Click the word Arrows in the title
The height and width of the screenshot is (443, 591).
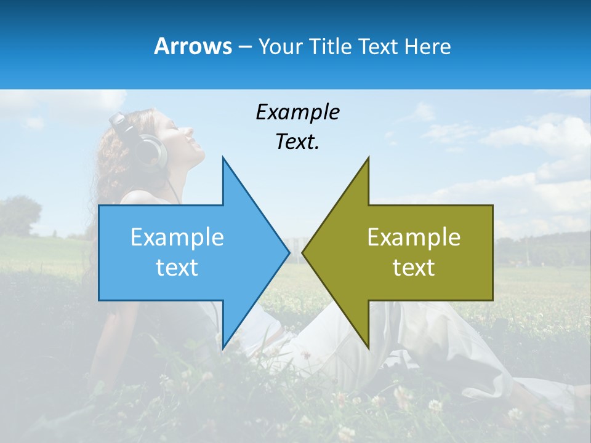point(193,46)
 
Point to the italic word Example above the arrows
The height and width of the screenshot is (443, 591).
point(297,112)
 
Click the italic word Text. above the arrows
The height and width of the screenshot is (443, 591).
point(297,142)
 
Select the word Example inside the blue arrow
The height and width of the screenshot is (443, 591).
point(177,237)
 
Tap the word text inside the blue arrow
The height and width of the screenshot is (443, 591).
point(177,268)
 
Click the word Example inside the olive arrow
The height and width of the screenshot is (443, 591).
point(414,237)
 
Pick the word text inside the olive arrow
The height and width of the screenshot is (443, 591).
point(414,268)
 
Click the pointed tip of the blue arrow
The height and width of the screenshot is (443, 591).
point(288,252)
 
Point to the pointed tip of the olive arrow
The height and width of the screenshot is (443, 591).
point(304,252)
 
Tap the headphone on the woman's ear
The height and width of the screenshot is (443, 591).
point(151,151)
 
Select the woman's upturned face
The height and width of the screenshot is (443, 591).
point(185,138)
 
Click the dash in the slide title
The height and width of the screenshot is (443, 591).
point(244,47)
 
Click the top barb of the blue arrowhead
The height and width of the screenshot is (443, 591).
point(223,161)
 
